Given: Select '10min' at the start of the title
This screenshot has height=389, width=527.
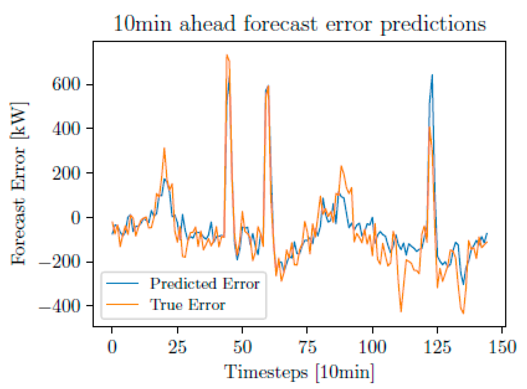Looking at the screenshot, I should [x=142, y=24].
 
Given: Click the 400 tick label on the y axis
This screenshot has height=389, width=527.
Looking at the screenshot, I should [x=66, y=129].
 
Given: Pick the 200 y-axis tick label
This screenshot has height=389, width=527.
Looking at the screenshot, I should [x=66, y=173].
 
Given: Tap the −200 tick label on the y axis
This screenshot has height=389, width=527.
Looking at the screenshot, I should [x=60, y=262].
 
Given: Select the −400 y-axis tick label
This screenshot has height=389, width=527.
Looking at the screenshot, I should [x=60, y=306].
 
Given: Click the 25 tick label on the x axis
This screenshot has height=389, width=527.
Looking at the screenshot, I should [x=177, y=347].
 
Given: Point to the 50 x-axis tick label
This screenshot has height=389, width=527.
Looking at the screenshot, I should [x=242, y=347].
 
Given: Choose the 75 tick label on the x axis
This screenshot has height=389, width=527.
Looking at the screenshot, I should [x=307, y=347].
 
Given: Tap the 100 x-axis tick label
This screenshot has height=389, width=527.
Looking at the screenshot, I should [x=372, y=347].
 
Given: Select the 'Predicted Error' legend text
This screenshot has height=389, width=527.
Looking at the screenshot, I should [x=205, y=284].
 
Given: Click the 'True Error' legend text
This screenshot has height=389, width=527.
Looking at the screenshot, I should [x=187, y=304].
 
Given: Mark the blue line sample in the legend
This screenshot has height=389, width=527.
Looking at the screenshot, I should [x=122, y=283].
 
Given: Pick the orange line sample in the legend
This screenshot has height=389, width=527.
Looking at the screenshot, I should [x=122, y=304].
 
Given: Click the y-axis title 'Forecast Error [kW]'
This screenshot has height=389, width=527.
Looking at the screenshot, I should [x=19, y=184].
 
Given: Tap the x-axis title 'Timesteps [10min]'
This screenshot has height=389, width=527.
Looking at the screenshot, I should [x=299, y=372].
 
